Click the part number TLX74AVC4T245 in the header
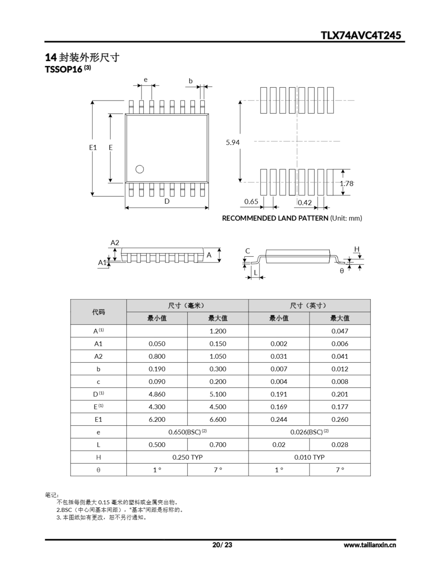tap(361, 35)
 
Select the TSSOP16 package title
tap(64, 69)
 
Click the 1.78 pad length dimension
tap(347, 184)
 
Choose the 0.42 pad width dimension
tap(305, 203)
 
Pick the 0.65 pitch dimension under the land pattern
tap(251, 202)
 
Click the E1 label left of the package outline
tap(93, 148)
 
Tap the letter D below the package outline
tap(167, 201)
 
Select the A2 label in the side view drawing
tap(115, 243)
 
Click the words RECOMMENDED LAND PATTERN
tap(275, 218)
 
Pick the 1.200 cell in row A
tap(218, 331)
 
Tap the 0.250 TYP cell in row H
tap(187, 457)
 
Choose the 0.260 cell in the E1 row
tap(340, 419)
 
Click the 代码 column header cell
tap(98, 312)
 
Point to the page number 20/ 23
tap(222, 545)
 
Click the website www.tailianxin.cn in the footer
tap(370, 545)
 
